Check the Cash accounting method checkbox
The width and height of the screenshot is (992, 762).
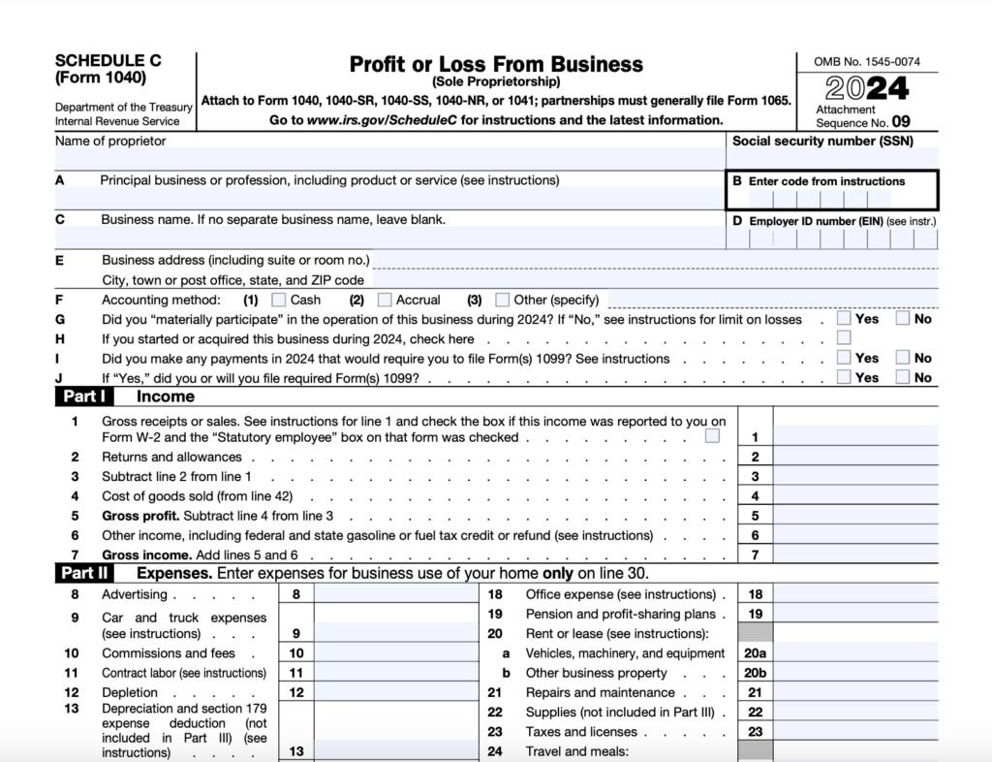point(279,300)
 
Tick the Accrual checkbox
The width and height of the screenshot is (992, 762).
point(385,300)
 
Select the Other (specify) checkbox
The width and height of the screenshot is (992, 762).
point(502,300)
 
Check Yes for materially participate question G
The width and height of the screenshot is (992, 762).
point(845,318)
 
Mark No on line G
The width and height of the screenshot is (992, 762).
point(903,318)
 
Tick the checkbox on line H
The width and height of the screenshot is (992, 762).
point(845,338)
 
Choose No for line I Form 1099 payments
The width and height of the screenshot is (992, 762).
point(903,358)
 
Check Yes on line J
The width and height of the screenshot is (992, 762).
point(845,377)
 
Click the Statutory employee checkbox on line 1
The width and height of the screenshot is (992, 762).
point(713,436)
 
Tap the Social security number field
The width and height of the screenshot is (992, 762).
point(831,159)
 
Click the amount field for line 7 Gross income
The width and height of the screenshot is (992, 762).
point(855,556)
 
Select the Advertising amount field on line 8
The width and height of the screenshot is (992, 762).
point(394,594)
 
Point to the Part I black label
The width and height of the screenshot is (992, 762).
point(84,397)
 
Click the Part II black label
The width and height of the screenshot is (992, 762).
point(85,573)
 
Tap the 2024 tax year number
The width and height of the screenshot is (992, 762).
point(867,89)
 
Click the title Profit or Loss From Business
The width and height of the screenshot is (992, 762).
point(496,65)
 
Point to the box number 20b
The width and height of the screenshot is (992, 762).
point(755,673)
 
